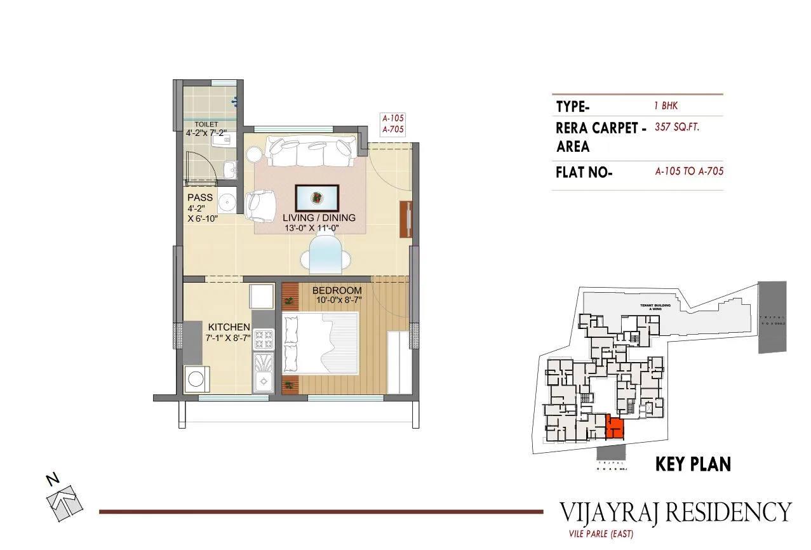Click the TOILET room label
pos(206,124)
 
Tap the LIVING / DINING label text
pos(319,218)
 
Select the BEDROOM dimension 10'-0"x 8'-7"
pos(336,300)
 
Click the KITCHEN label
pos(229,328)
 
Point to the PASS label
pos(200,198)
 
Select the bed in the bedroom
pos(320,342)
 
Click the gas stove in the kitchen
pos(264,340)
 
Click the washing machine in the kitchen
pos(196,380)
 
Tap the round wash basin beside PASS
pos(227,203)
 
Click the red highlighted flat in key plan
pos(613,428)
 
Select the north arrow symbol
pos(64,499)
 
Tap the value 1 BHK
pos(666,106)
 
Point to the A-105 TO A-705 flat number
pos(689,171)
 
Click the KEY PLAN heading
pos(692,464)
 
